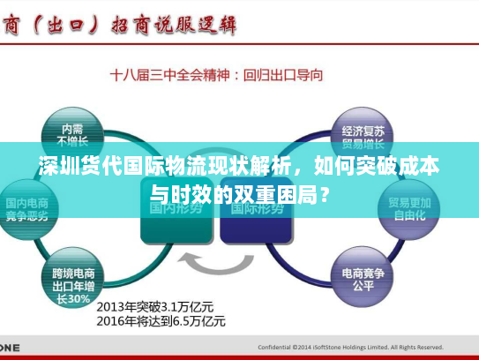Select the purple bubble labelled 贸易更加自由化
[408, 208]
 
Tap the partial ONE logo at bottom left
[11, 347]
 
